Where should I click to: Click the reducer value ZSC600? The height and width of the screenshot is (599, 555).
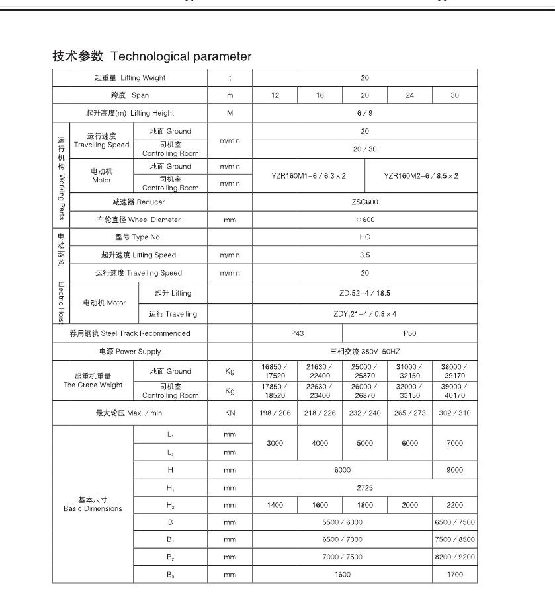(x=364, y=202)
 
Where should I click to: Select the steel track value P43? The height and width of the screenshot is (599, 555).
(x=297, y=333)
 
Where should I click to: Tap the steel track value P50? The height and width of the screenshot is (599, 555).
(x=409, y=333)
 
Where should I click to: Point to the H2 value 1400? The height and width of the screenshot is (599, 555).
(x=275, y=504)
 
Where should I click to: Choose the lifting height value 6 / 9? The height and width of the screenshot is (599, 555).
(x=364, y=113)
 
